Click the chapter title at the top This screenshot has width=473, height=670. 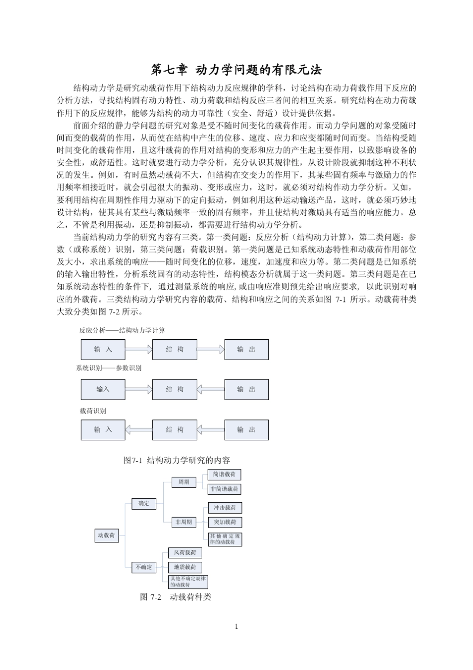pyautogui.click(x=236, y=69)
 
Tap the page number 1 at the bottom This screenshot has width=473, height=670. pyautogui.click(x=236, y=626)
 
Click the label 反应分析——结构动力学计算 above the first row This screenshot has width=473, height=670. pyautogui.click(x=122, y=330)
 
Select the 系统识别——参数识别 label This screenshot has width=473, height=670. pyautogui.click(x=109, y=368)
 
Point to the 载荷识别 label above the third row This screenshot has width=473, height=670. pyautogui.click(x=93, y=411)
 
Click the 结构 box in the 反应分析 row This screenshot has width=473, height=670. pyautogui.click(x=175, y=350)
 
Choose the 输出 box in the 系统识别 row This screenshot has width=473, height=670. pyautogui.click(x=246, y=390)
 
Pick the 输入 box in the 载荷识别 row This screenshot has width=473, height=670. pyautogui.click(x=103, y=430)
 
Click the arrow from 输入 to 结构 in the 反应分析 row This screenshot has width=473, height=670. pyautogui.click(x=138, y=350)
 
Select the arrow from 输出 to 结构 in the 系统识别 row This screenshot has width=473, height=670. pyautogui.click(x=211, y=390)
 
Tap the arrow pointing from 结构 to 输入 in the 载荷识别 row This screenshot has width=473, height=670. pyautogui.click(x=138, y=430)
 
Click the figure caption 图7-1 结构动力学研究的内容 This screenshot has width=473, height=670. pyautogui.click(x=177, y=460)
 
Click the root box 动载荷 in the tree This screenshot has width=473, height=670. pyautogui.click(x=107, y=536)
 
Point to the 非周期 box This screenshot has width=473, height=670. pyautogui.click(x=183, y=522)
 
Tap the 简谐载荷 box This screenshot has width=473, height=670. pyautogui.click(x=224, y=475)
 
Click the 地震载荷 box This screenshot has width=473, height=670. pyautogui.click(x=185, y=567)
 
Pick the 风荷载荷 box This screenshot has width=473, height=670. pyautogui.click(x=185, y=553)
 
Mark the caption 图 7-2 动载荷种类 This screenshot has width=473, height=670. pyautogui.click(x=176, y=597)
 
